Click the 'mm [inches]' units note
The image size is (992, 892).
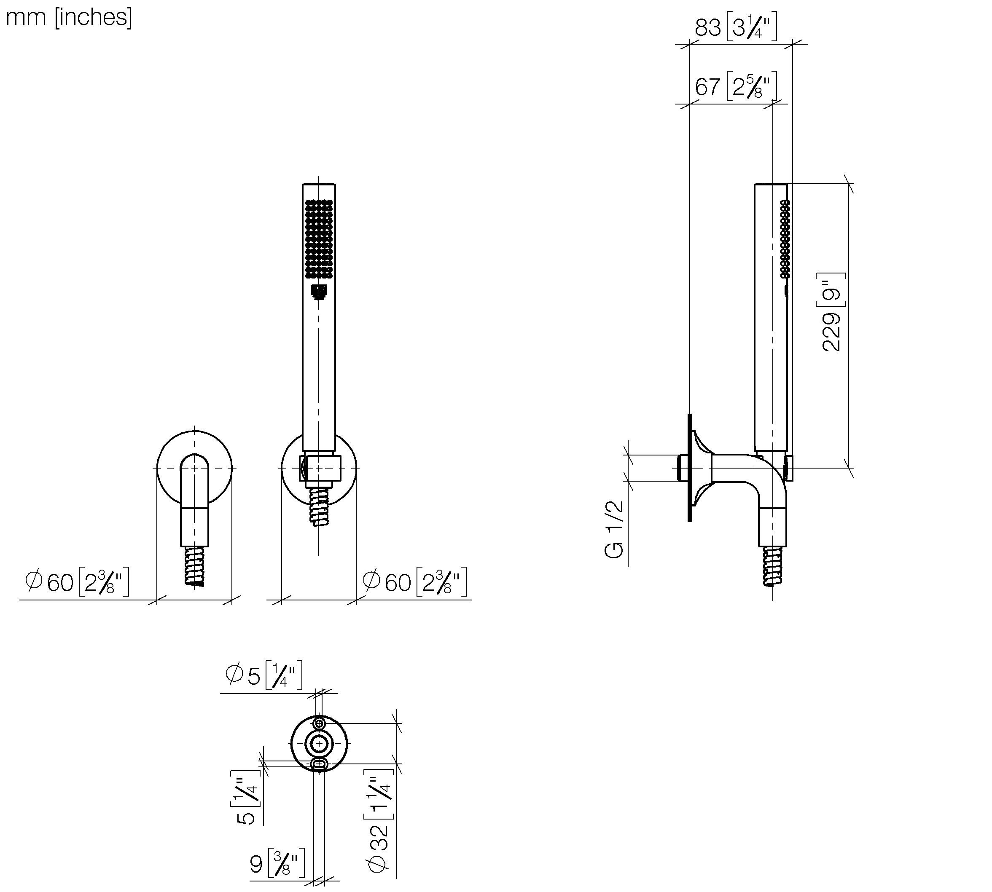69,18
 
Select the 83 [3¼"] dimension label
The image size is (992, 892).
736,28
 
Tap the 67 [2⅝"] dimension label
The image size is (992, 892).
736,87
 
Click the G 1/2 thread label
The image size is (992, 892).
614,529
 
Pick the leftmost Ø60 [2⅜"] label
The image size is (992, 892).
77,582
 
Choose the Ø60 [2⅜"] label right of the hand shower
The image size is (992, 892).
414,582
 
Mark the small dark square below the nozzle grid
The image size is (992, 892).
319,291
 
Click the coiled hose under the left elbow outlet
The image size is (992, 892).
195,566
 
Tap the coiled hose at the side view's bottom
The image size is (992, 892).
772,566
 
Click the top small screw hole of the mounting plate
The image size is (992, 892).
320,723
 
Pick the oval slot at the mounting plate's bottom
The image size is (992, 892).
319,763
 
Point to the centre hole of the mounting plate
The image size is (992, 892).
319,744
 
